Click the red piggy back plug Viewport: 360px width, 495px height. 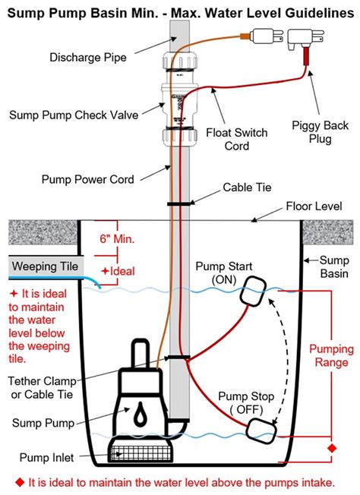308,57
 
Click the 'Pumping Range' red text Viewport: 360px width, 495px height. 330,356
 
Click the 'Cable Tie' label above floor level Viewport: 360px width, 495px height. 243,186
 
